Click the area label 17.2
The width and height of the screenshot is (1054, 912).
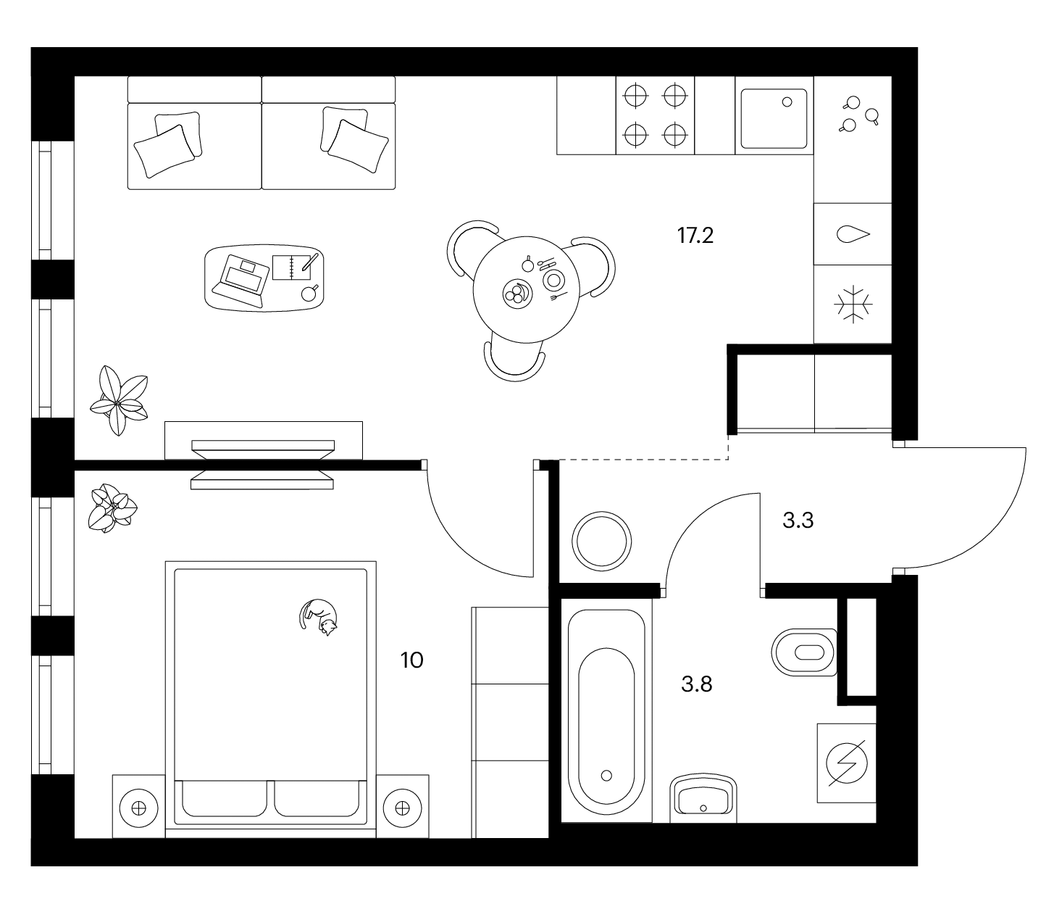coord(695,236)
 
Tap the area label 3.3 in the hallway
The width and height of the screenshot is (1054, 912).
coord(798,521)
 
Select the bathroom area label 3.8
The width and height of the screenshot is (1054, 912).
coord(697,684)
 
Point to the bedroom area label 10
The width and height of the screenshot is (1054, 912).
coord(411,660)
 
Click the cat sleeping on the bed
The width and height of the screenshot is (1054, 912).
coord(318,616)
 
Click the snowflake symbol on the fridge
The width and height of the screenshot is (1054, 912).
coord(853,304)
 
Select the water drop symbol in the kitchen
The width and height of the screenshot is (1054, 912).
coord(853,234)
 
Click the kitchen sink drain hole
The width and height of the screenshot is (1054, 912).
coord(787,102)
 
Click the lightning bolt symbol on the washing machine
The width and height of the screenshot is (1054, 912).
coord(847,763)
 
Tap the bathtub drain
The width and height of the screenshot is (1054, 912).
coord(606,776)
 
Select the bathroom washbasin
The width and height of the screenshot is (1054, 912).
coord(703,798)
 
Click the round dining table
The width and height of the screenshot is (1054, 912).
coord(526,289)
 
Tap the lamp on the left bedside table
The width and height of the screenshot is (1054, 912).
coord(138,808)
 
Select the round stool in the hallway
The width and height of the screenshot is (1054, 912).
coord(602,541)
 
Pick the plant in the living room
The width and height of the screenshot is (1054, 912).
coord(119,401)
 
